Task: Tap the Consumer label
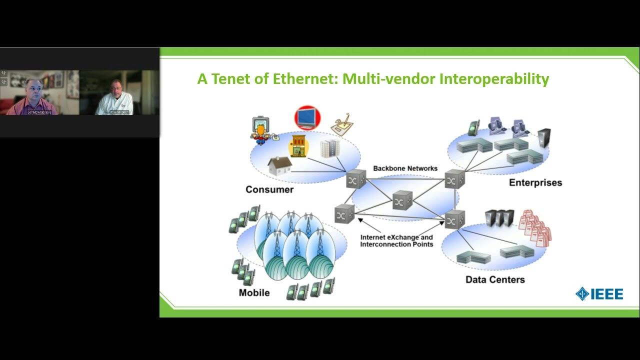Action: click(x=269, y=189)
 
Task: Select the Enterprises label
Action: click(x=535, y=182)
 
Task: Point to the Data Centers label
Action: click(x=495, y=279)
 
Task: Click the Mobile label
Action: click(x=254, y=292)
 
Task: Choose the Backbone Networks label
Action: click(x=405, y=168)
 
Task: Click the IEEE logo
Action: click(x=599, y=294)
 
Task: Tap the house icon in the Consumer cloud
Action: click(x=279, y=165)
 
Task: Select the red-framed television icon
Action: click(x=307, y=118)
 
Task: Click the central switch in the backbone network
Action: click(x=402, y=200)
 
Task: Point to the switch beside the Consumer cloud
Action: click(x=356, y=179)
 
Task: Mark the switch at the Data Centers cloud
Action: click(x=454, y=219)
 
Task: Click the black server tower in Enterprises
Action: click(x=544, y=138)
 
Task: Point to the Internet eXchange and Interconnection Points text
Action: click(x=396, y=240)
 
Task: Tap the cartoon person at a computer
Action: click(x=260, y=131)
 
